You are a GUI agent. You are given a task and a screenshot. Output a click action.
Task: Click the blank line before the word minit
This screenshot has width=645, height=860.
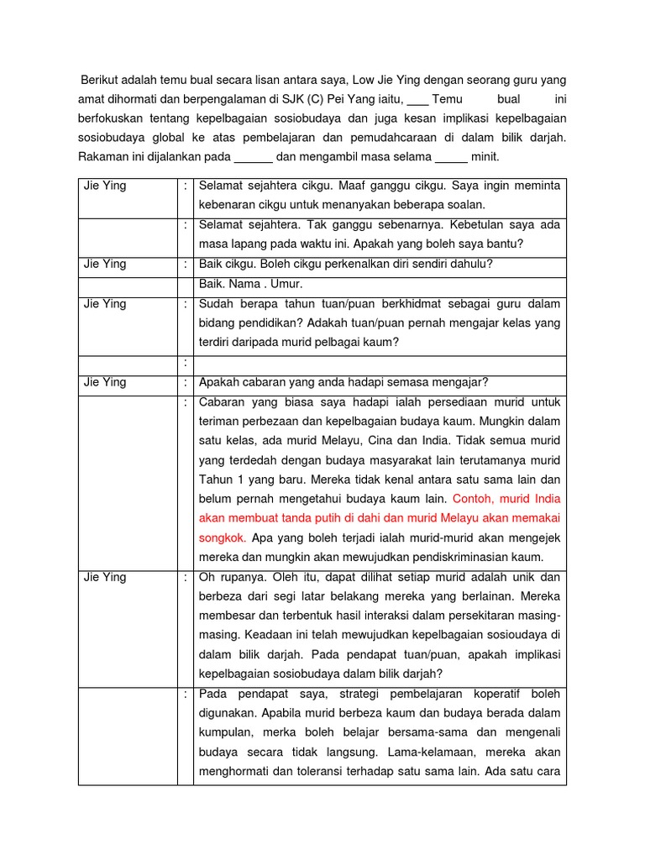(451, 157)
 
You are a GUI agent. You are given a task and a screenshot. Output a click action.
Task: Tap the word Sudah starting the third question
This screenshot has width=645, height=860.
(217, 303)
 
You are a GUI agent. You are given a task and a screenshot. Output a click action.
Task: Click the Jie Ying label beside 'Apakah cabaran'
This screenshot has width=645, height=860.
(105, 382)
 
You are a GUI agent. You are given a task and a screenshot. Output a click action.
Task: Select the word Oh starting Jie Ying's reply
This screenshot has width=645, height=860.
(207, 577)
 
